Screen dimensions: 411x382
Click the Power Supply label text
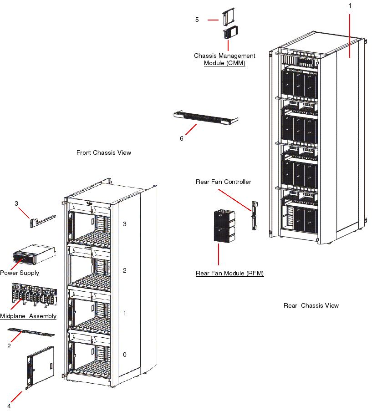click(x=20, y=273)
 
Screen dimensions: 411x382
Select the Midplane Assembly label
click(x=28, y=316)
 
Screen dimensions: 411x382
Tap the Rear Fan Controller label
click(x=223, y=182)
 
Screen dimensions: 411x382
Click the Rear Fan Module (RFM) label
click(x=229, y=274)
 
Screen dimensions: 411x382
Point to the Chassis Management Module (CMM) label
click(x=224, y=59)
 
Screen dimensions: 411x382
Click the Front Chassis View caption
click(x=103, y=153)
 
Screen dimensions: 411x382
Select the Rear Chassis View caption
click(x=311, y=305)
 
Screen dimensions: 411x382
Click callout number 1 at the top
click(x=350, y=5)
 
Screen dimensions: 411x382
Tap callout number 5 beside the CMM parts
click(x=197, y=20)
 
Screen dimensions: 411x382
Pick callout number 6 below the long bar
click(x=182, y=138)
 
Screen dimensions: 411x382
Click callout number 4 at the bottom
click(x=9, y=406)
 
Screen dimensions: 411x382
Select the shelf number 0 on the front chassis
click(x=125, y=355)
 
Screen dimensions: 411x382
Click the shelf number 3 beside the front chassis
click(x=125, y=224)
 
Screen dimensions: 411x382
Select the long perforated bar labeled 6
click(x=206, y=118)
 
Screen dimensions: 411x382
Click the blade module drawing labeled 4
click(x=41, y=367)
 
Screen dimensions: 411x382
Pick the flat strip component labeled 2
click(x=31, y=331)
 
